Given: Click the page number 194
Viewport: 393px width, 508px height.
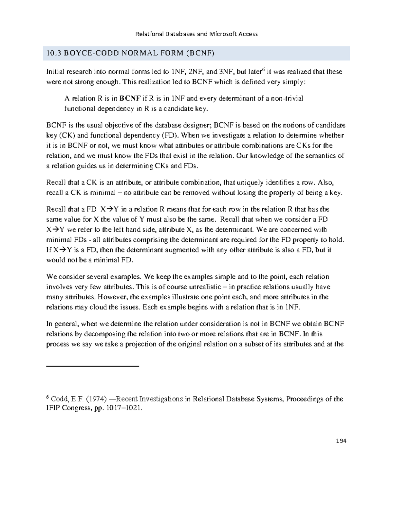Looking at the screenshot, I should [341, 441].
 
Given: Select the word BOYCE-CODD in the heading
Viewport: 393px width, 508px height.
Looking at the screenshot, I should [79, 53].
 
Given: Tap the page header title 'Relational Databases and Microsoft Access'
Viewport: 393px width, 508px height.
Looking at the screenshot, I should [197, 34].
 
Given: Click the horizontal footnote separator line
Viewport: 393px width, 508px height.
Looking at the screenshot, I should [93, 366].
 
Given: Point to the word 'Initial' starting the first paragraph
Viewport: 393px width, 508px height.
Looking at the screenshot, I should [56, 72].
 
